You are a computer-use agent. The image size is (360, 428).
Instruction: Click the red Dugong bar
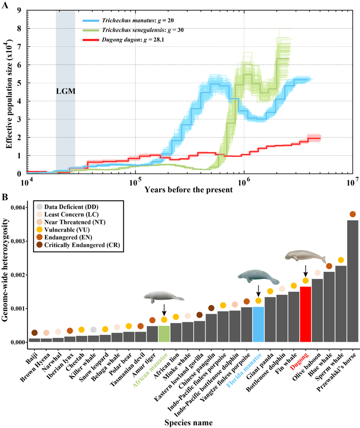[305, 314]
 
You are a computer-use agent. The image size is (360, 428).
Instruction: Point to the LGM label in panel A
[65, 91]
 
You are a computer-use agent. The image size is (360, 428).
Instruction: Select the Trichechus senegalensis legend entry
[145, 30]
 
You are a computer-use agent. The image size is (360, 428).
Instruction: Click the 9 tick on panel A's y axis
[19, 10]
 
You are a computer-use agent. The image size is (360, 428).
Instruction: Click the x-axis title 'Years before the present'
[188, 189]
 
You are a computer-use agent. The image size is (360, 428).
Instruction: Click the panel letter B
[5, 197]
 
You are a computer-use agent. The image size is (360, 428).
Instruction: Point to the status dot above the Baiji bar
[35, 333]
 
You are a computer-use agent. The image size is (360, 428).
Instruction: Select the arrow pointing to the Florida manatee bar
[258, 291]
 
